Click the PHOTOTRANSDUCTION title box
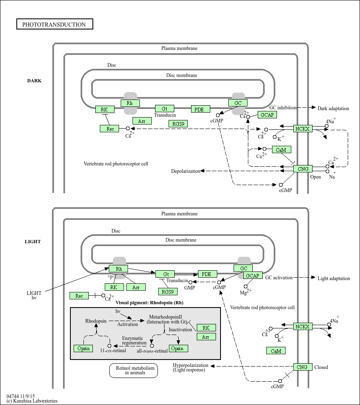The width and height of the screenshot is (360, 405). [54, 25]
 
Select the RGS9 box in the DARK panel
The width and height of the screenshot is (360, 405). [178, 124]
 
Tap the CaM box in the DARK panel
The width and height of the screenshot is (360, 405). [281, 150]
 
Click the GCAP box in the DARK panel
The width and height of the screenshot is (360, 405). [267, 115]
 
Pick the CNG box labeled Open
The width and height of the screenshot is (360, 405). [303, 169]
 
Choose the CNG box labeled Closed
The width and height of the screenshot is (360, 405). [302, 367]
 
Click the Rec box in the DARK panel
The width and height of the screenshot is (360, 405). [110, 129]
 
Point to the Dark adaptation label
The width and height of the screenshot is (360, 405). [333, 109]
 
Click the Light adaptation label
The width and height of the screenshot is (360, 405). [333, 278]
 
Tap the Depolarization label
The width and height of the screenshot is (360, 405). [186, 171]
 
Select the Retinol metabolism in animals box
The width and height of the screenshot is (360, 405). [133, 371]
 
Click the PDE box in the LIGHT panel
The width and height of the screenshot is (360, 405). [207, 274]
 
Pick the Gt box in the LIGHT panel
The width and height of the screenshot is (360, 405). [165, 274]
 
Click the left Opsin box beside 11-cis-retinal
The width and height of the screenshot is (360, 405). [83, 348]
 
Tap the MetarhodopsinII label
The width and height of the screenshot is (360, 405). [165, 317]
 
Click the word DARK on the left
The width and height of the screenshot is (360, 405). [34, 81]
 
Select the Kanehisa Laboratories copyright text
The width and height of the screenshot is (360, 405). [32, 401]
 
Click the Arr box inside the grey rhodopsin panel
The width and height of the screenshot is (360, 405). [206, 337]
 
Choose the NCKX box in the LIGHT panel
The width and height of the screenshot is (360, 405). [303, 326]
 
